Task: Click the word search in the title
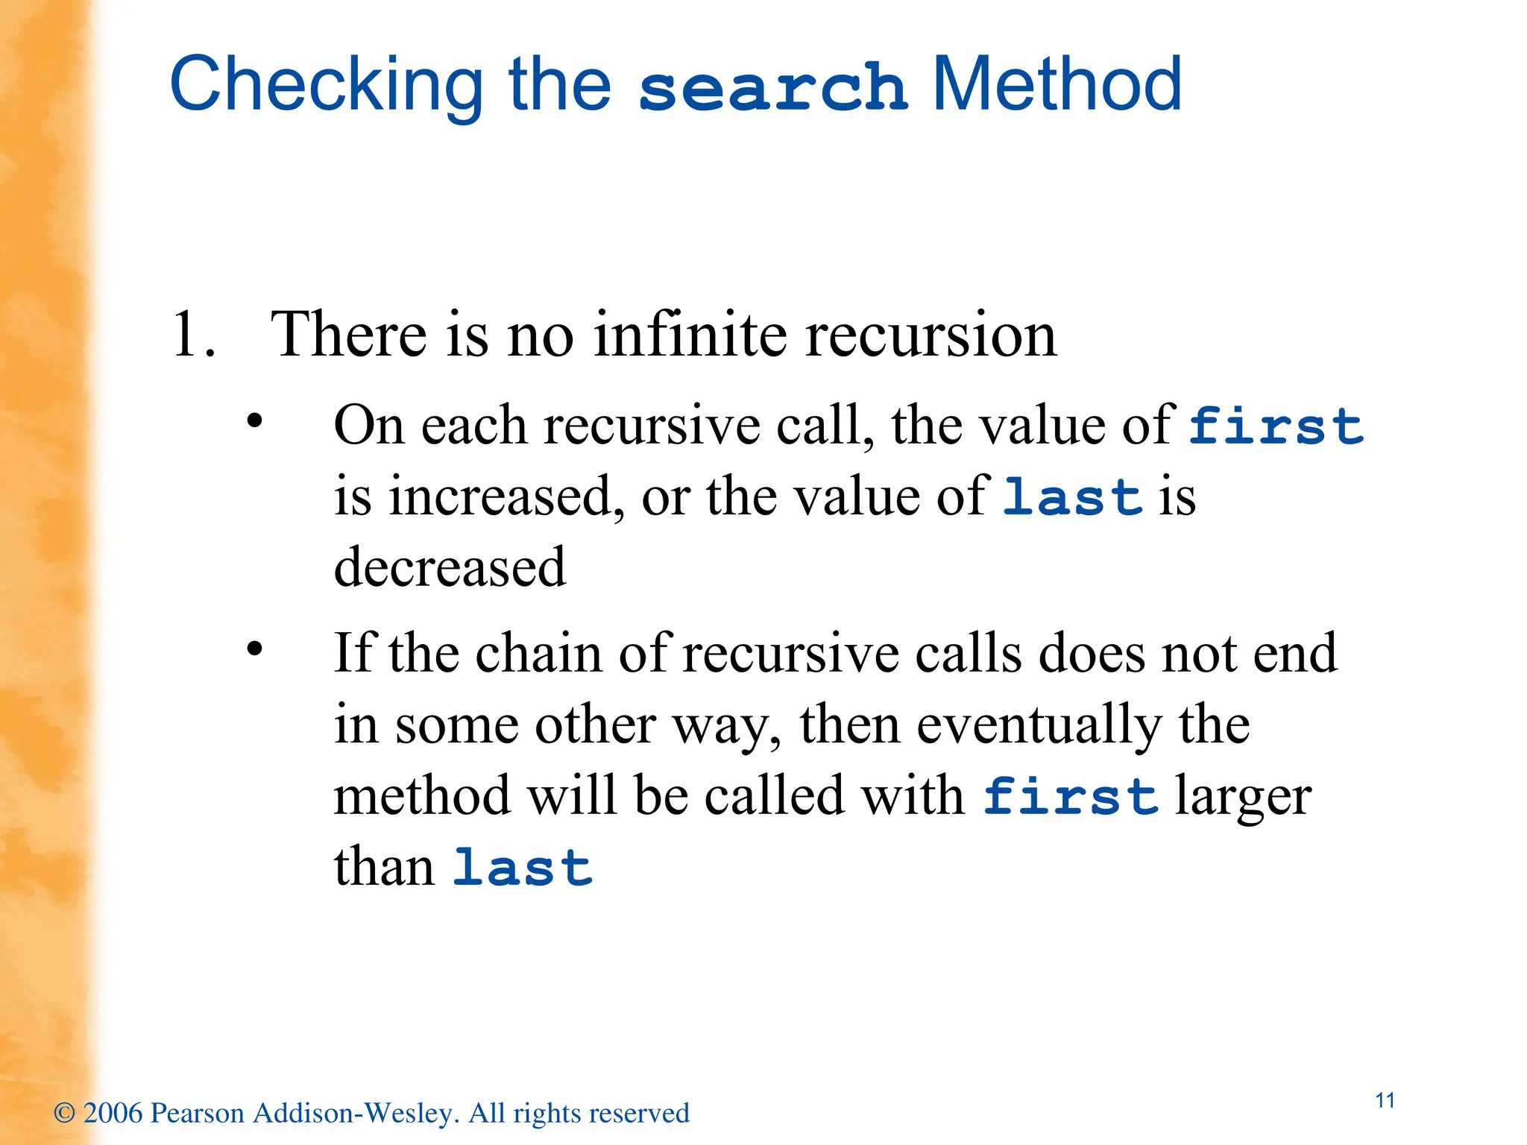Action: click(772, 88)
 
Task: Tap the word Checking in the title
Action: click(327, 86)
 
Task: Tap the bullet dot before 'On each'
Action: click(255, 421)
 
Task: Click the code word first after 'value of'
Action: click(1276, 426)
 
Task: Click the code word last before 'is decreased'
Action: click(1072, 497)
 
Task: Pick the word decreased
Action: click(450, 567)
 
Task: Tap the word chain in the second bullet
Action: click(538, 654)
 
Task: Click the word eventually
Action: click(1039, 725)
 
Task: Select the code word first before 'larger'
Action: click(1070, 796)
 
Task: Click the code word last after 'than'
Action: click(523, 868)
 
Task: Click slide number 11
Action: click(1385, 1100)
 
